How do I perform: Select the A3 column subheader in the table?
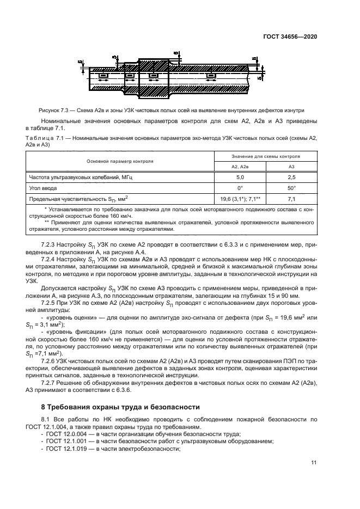[291, 167]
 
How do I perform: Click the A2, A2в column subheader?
[240, 167]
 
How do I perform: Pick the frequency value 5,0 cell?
[240, 177]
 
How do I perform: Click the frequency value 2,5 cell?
[291, 177]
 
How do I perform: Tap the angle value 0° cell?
[240, 188]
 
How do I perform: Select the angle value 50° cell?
[291, 188]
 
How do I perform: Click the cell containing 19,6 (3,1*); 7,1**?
[240, 199]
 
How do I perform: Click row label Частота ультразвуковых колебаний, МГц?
[80, 177]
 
